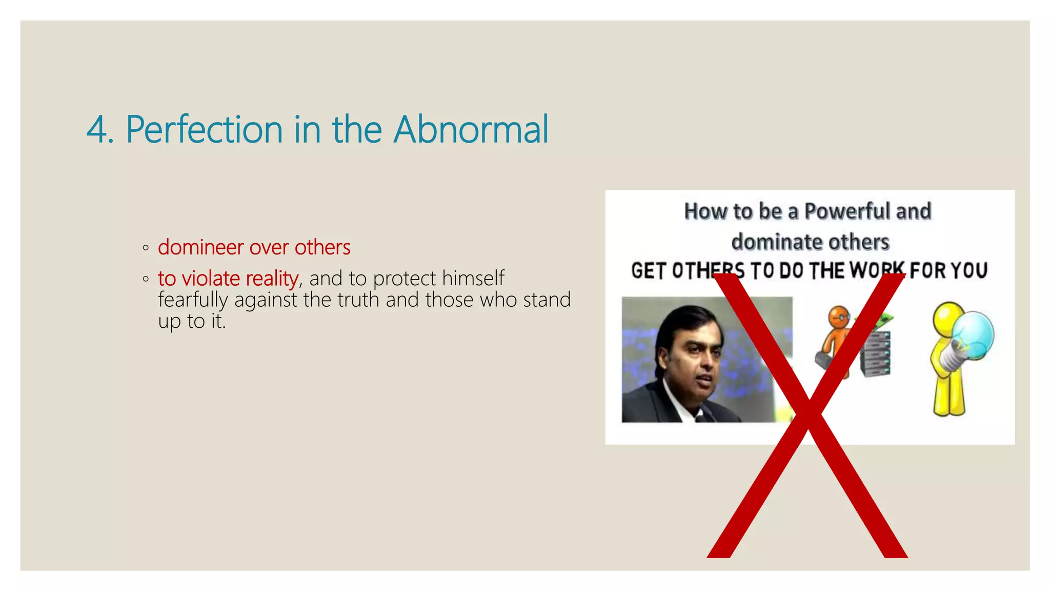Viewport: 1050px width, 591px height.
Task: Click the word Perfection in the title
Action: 204,129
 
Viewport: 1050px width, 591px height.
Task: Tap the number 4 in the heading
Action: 97,130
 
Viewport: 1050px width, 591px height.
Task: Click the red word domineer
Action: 200,247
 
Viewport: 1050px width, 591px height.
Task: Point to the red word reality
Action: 272,279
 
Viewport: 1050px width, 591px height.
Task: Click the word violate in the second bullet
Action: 211,279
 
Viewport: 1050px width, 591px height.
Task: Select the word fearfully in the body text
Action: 192,300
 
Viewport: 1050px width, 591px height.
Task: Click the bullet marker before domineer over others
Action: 146,248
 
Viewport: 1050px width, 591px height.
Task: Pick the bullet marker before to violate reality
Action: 146,280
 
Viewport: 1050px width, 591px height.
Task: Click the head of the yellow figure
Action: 948,315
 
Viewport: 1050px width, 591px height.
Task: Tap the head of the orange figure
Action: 839,318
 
